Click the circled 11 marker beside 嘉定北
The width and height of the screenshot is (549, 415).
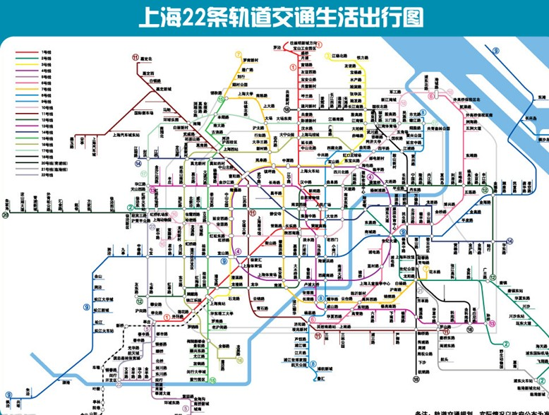tap(134, 58)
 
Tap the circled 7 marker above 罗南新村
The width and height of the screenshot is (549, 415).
tap(239, 53)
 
